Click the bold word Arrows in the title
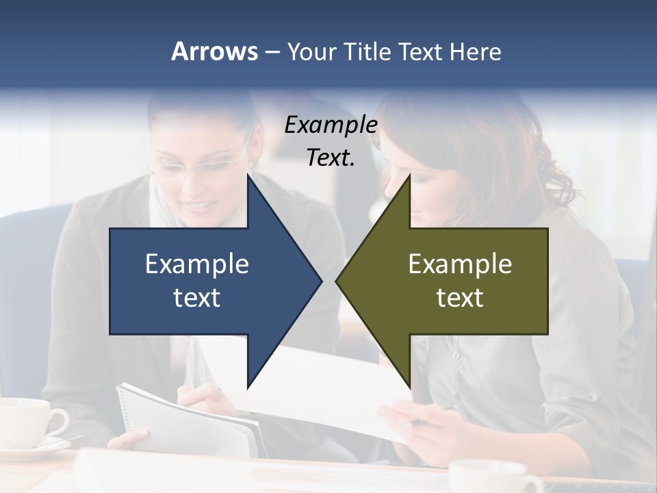pos(214,51)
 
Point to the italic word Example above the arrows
pos(331,125)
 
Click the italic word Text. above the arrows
pos(331,158)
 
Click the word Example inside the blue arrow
pos(197,264)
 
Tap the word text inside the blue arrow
pos(197,298)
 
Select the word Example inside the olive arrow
pos(460,264)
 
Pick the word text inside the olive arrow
pos(460,298)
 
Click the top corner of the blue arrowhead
pos(248,175)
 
